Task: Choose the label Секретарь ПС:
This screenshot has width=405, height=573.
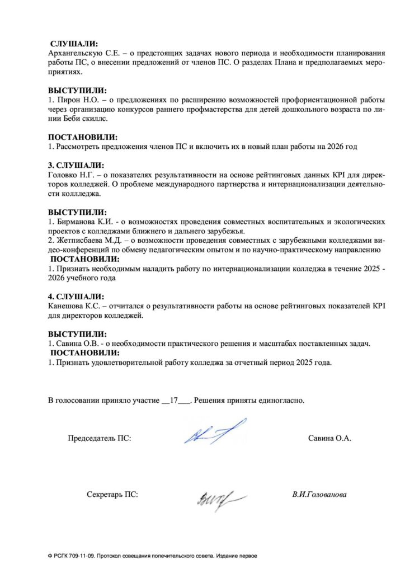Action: click(112, 495)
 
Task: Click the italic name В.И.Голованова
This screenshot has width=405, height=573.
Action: click(319, 495)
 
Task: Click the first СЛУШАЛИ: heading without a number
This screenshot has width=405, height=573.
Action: click(74, 44)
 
